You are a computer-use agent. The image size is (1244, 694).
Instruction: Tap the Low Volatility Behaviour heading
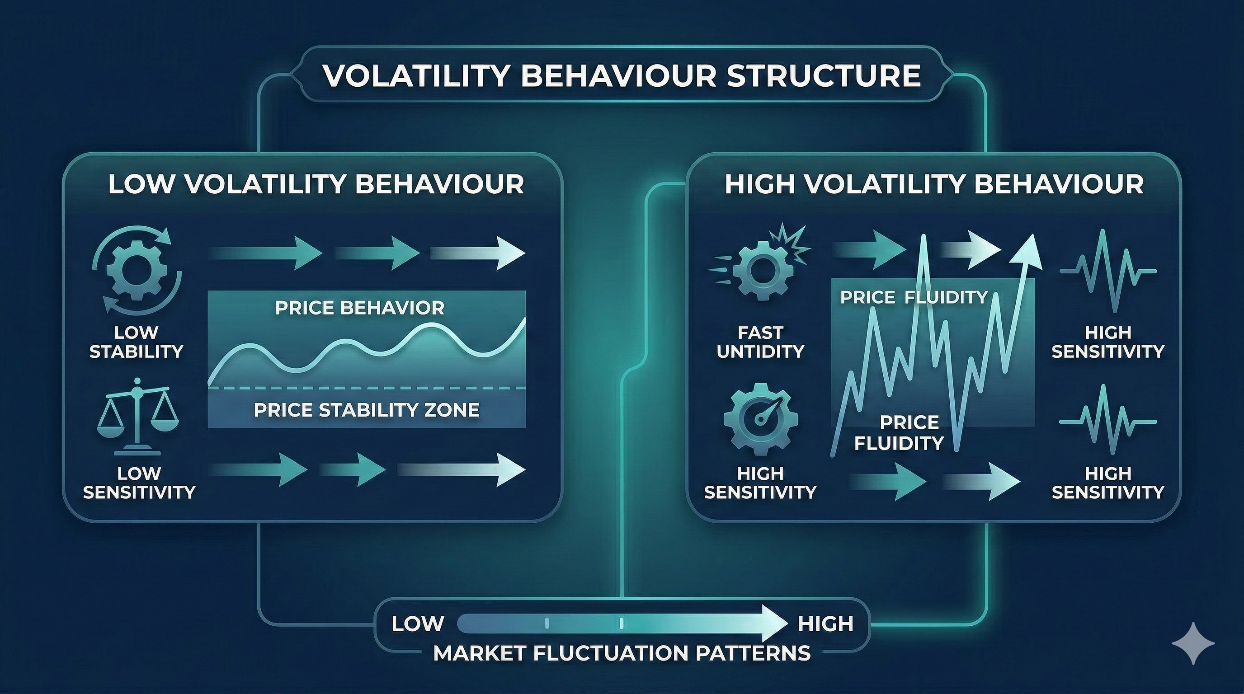coord(316,184)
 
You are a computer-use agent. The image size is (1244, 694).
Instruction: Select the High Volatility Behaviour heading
coord(934,184)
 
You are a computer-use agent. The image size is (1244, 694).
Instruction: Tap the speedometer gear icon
coord(761,417)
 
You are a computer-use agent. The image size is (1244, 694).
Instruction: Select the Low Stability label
coord(137,342)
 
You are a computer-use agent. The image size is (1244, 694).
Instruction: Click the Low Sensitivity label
coord(139,483)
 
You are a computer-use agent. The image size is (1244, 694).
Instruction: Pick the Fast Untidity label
coord(761,342)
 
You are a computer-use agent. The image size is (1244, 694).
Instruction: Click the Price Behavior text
coord(360,308)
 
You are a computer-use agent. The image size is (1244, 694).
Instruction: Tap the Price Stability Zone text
coord(367,410)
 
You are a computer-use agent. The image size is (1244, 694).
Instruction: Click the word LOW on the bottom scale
coord(418,624)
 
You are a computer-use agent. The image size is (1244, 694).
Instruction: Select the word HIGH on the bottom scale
coord(825,624)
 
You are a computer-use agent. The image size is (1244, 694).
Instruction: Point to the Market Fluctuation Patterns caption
coord(622,653)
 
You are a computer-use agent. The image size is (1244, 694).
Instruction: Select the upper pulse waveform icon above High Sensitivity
coord(1108,271)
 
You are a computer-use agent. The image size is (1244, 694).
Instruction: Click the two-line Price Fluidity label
coord(899,432)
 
